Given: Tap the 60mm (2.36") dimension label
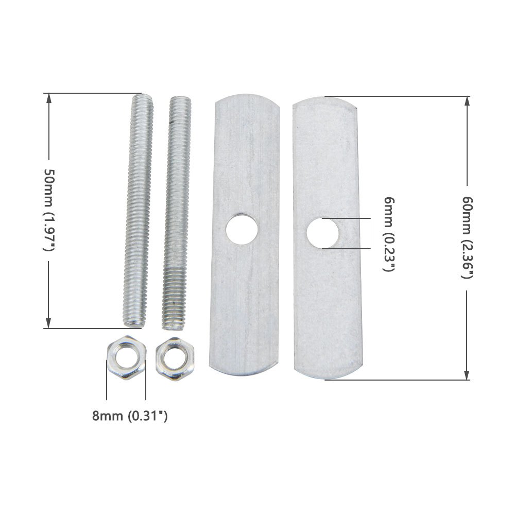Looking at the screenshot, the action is [x=467, y=237].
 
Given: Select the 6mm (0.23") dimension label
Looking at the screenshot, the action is [x=389, y=234].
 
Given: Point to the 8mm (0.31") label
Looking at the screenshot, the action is [x=130, y=416].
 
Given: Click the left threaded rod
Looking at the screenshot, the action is [x=138, y=210].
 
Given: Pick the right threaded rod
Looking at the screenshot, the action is [x=176, y=213].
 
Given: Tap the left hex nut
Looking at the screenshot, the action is [x=127, y=358].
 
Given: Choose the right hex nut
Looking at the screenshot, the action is [x=175, y=359].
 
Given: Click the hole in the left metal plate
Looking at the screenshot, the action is [x=242, y=229].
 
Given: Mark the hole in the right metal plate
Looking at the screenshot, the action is [x=322, y=233].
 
